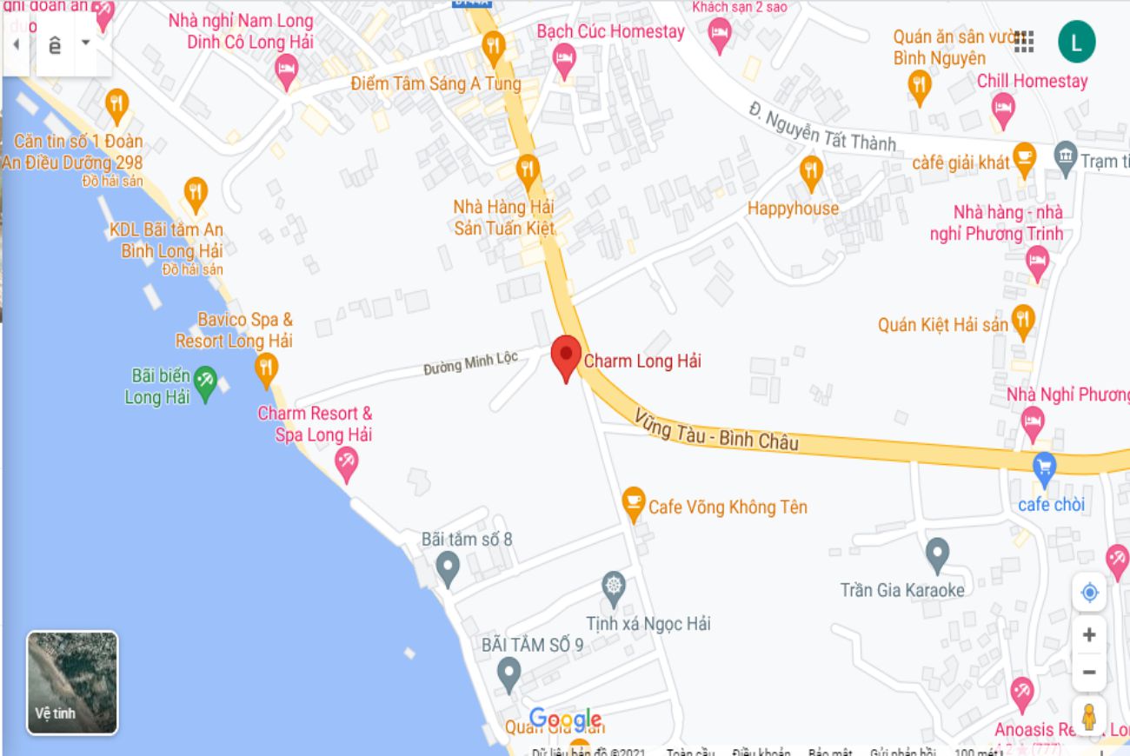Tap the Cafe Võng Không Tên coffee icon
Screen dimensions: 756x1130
[634, 502]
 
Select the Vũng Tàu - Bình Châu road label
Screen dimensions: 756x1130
[716, 430]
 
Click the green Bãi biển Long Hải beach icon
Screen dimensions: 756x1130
[205, 382]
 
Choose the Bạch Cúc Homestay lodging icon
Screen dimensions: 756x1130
[565, 59]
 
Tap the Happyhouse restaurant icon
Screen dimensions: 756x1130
[811, 172]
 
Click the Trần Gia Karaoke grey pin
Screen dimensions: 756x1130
[936, 554]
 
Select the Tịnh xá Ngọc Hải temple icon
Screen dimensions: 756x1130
[614, 587]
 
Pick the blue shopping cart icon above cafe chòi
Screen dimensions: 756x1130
[1044, 469]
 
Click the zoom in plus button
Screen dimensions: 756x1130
[1088, 635]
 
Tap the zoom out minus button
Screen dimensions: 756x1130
[1088, 672]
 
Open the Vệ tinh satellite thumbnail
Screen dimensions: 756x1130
[72, 682]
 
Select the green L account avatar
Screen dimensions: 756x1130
[1076, 42]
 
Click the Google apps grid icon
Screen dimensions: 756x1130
[1024, 42]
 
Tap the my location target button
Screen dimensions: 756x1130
[1089, 593]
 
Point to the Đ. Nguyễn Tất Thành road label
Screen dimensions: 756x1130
[821, 127]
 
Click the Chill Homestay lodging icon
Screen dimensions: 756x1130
[1003, 109]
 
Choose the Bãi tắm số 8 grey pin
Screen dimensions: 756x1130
[447, 567]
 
